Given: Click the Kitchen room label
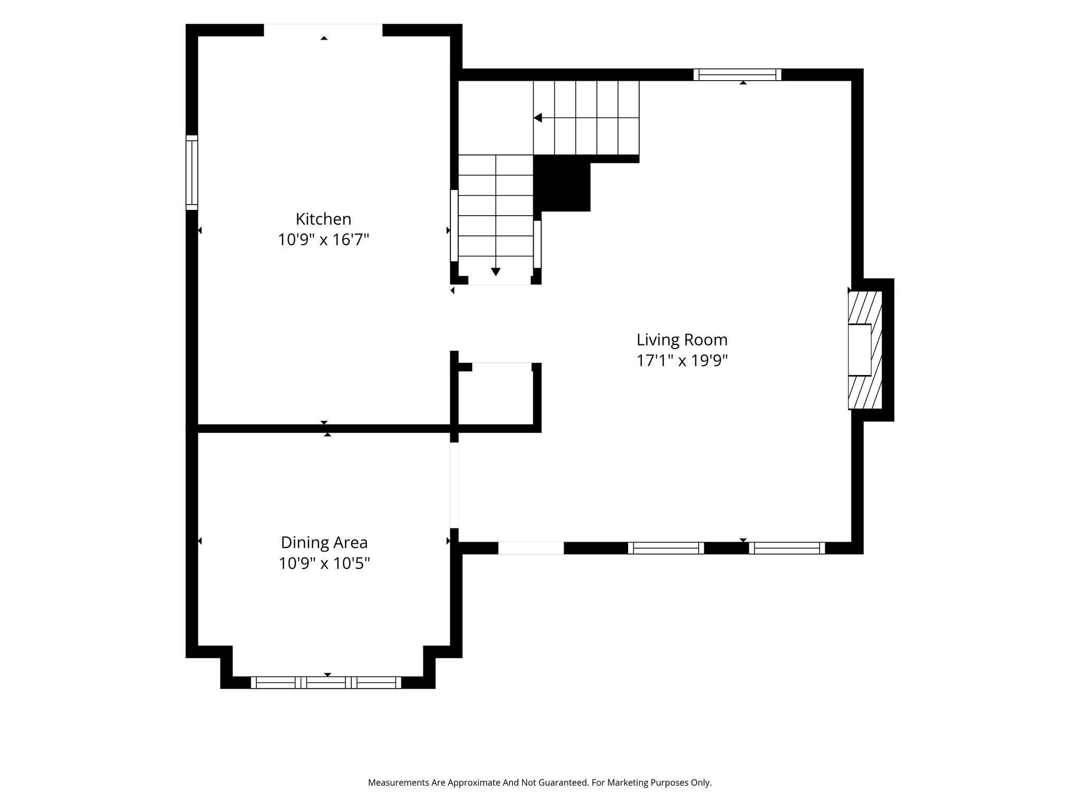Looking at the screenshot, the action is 323,219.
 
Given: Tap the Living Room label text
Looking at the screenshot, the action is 682,340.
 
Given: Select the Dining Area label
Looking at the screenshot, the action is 324,543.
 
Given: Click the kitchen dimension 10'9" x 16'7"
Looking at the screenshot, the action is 323,240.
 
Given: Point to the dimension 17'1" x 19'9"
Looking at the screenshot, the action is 682,361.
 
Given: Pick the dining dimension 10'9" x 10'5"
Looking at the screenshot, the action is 324,564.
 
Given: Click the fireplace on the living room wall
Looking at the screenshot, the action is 865,350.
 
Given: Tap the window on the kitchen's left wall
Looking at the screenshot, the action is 191,172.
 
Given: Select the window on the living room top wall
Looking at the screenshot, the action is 737,75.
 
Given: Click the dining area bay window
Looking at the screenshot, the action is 326,682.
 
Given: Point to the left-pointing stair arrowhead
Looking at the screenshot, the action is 538,118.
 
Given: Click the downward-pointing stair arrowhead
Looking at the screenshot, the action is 496,272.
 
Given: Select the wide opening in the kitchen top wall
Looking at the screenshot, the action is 323,30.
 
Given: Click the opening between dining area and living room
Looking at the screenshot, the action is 454,485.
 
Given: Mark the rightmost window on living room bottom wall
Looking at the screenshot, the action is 787,548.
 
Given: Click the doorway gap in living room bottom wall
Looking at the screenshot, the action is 531,548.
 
